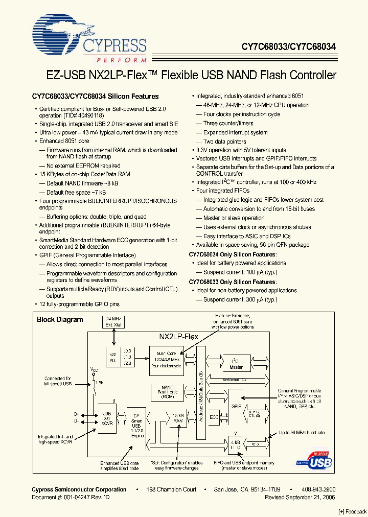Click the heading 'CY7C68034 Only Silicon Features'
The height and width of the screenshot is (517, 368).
(x=233, y=254)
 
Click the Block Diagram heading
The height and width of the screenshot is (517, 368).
(x=60, y=320)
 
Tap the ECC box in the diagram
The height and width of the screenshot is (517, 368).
(x=214, y=416)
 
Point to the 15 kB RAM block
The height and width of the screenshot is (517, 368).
(x=177, y=417)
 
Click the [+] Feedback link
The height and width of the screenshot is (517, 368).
(x=353, y=511)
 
